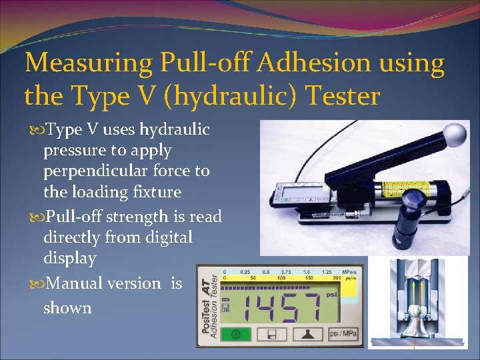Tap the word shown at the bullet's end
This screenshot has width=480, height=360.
pyautogui.click(x=67, y=308)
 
